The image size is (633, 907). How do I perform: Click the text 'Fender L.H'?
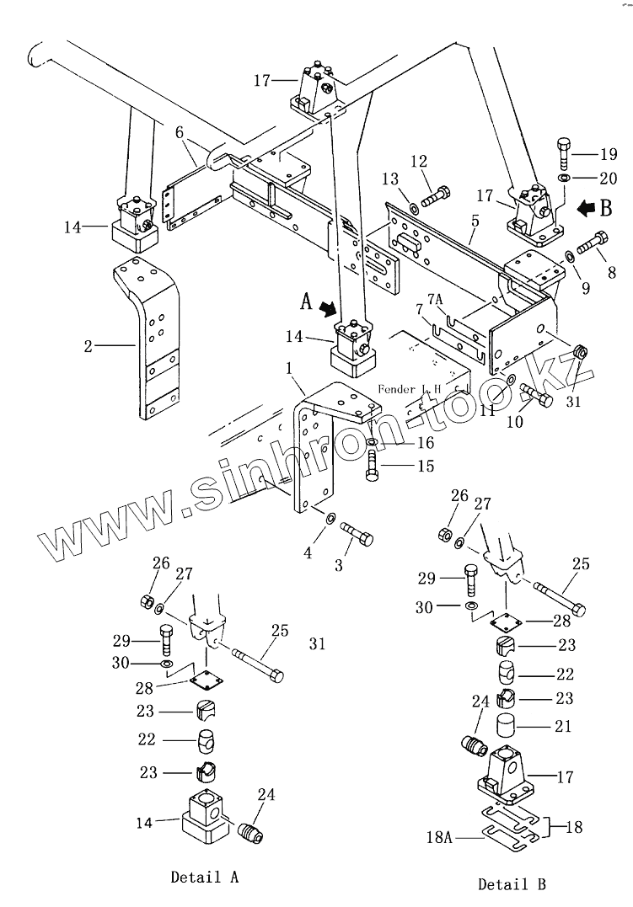[410, 389]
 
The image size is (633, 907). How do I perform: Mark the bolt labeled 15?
[373, 466]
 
